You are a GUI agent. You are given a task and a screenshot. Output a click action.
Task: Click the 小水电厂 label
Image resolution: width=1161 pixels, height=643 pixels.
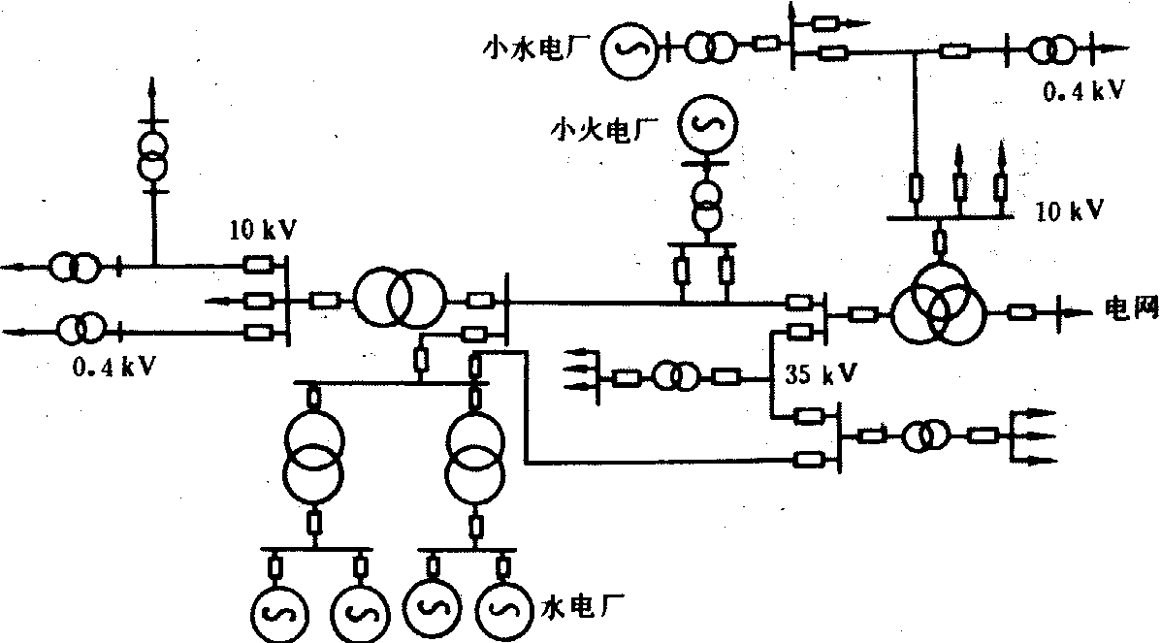[x=539, y=47]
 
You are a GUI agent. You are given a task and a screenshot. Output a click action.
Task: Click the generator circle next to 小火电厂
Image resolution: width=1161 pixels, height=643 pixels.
[x=707, y=123]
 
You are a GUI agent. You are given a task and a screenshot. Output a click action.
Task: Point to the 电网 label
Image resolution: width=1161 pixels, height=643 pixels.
[x=1132, y=310]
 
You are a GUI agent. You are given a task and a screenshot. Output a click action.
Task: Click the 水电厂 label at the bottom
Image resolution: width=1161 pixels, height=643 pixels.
[x=575, y=608]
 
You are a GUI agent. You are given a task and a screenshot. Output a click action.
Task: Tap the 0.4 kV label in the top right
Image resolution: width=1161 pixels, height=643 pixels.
[x=1084, y=91]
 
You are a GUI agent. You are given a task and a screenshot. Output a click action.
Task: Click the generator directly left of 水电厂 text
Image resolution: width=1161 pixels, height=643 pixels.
[x=500, y=609]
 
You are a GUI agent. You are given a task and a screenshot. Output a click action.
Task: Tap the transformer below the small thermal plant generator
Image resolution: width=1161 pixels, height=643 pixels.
[x=707, y=202]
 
